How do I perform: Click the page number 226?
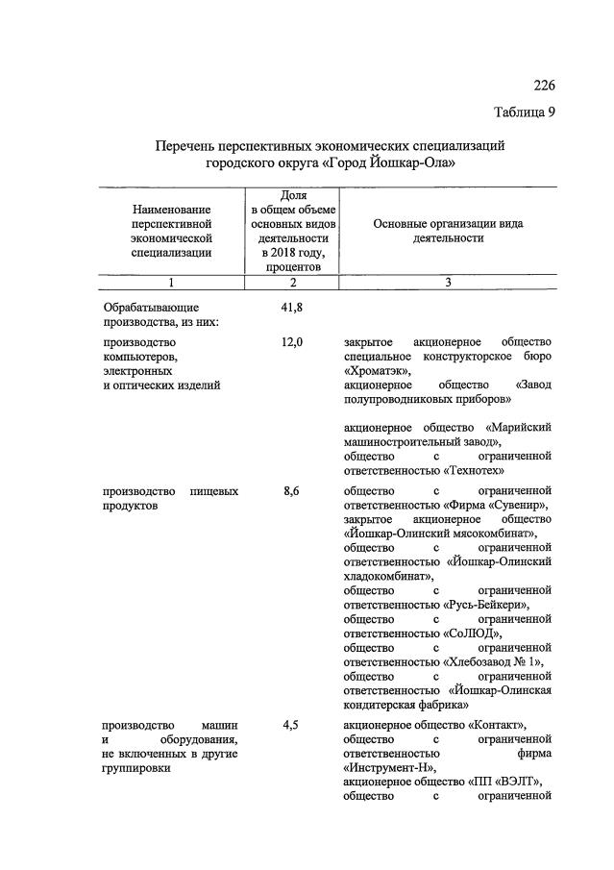coord(543,85)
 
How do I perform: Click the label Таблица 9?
coord(525,112)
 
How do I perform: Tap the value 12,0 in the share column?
coord(291,341)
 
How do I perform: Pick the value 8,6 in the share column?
coord(291,490)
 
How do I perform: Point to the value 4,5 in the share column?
coord(291,724)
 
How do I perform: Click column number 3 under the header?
coord(448,283)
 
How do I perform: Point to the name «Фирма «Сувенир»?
coord(499,505)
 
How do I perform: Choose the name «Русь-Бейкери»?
coord(487,605)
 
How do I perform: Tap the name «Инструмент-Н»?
coord(389,767)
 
